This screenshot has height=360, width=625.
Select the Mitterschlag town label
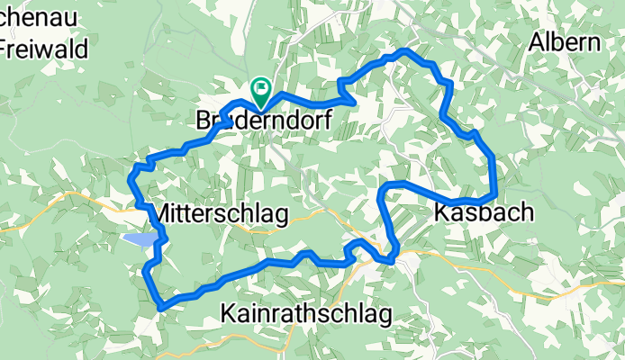click(221, 214)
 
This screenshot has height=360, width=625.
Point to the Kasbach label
click(484, 212)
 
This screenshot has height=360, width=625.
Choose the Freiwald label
click(45, 49)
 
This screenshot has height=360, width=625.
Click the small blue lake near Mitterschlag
click(140, 239)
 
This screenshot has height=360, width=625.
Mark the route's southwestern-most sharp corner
click(160, 307)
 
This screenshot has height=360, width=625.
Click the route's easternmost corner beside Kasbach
click(495, 193)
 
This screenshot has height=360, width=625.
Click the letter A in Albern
click(537, 42)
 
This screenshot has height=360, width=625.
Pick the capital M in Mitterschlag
click(164, 214)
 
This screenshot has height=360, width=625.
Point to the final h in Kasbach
click(526, 212)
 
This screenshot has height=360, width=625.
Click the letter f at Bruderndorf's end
click(325, 119)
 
